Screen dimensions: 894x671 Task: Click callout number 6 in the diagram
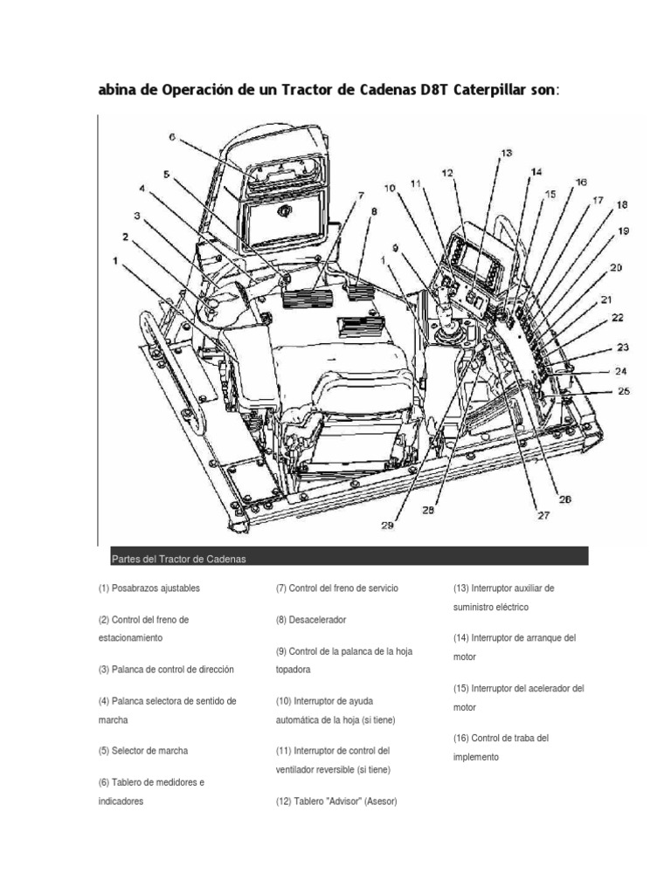(172, 137)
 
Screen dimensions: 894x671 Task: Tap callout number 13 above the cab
(506, 154)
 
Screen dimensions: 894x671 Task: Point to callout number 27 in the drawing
(543, 515)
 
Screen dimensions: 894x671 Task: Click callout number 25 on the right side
(624, 391)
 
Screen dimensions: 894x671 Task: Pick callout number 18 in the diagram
(621, 205)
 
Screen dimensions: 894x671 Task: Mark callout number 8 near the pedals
(374, 211)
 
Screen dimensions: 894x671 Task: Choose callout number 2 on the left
(127, 237)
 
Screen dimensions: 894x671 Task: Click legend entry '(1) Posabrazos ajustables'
(149, 588)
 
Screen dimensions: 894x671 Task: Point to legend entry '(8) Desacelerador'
(311, 619)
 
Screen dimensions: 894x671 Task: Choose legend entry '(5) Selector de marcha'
(143, 750)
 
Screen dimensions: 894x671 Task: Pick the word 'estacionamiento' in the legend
(130, 638)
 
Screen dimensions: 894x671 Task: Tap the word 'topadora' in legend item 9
(293, 670)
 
